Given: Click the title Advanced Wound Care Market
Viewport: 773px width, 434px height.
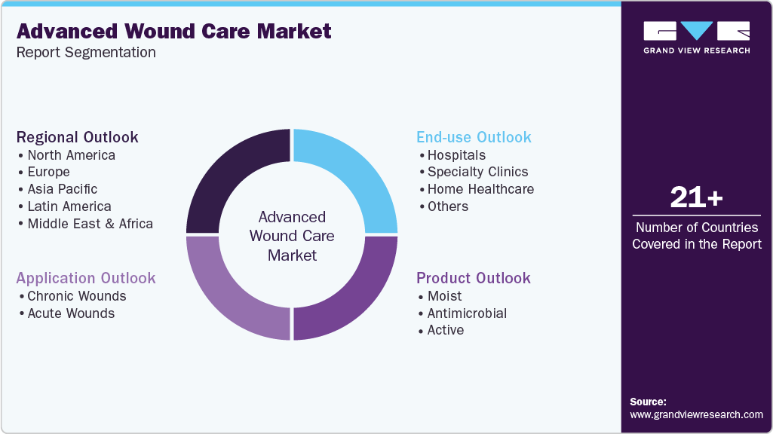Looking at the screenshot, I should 173,32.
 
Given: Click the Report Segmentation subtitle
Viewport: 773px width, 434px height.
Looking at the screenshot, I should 86,53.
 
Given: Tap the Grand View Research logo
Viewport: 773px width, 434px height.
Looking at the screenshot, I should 696,37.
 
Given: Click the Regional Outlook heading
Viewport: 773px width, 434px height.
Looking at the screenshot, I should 77,137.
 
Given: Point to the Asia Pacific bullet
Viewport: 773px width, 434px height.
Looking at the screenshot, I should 63,189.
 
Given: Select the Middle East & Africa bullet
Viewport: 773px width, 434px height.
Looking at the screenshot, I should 90,224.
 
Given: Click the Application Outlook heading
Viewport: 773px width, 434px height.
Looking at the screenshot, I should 86,278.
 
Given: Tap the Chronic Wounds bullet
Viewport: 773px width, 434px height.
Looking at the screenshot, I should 76,296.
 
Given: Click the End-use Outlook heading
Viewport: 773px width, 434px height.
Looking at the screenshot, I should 474,137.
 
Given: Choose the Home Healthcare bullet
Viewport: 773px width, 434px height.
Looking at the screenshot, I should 480,189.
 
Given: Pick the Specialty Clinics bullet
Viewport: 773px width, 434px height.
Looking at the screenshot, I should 477,172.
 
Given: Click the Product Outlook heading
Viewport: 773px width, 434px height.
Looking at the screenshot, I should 474,278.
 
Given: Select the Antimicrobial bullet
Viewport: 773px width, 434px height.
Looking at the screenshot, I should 467,313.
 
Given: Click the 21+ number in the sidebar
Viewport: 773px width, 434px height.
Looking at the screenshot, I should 696,198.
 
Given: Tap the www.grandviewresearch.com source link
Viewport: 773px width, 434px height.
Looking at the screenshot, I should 696,414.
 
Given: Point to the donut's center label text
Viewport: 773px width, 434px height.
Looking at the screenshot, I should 292,236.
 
